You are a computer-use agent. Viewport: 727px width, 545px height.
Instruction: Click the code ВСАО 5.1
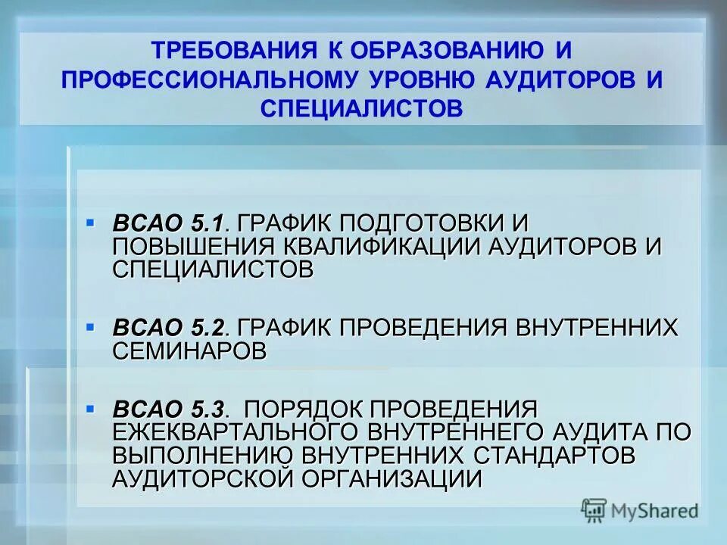[169, 223]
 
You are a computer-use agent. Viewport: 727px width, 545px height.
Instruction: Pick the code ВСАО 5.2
[169, 328]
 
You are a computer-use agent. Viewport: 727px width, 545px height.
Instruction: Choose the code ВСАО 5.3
[169, 410]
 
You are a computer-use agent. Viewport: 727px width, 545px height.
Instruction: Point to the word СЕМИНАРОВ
[189, 350]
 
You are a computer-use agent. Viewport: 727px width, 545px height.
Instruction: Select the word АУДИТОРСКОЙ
[201, 478]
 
